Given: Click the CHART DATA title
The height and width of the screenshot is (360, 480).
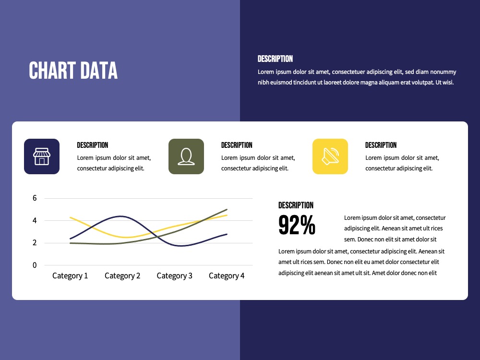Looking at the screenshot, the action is (x=73, y=71).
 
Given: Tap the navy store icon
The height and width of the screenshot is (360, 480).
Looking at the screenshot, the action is (x=42, y=156).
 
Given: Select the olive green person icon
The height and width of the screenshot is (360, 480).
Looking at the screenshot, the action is (x=186, y=156).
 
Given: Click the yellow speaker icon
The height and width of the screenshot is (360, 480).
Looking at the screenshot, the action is (x=330, y=156).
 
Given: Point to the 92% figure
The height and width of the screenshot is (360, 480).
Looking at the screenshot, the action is (x=297, y=225).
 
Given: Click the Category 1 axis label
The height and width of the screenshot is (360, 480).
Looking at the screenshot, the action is (x=70, y=276).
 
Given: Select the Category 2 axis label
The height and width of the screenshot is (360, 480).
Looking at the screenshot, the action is (x=122, y=276).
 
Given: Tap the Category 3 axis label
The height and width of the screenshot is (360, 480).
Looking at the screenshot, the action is (x=175, y=276).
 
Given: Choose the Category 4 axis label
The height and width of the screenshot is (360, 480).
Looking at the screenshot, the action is (x=227, y=276).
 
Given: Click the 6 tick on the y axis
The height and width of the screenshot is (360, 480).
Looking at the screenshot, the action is (x=35, y=198).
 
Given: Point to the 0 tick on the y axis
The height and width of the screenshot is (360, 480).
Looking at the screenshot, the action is (x=35, y=265).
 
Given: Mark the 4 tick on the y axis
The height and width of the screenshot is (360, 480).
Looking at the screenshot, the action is (x=35, y=220).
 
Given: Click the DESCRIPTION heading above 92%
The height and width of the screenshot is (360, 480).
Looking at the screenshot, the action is (x=296, y=205).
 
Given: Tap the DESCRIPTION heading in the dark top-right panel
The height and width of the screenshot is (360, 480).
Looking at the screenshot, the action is (x=275, y=59).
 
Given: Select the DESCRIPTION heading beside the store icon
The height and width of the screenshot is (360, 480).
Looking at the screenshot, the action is (x=93, y=145).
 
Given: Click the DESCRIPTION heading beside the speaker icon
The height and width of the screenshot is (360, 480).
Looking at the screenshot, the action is (x=381, y=145).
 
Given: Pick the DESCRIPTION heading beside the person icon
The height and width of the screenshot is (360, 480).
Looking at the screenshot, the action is (x=237, y=145).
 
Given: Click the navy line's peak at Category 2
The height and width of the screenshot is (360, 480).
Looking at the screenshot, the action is (x=121, y=216).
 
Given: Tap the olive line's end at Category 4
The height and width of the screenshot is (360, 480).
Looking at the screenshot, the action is (x=227, y=209).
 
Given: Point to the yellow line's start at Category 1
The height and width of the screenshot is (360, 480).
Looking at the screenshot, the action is (x=71, y=217).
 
